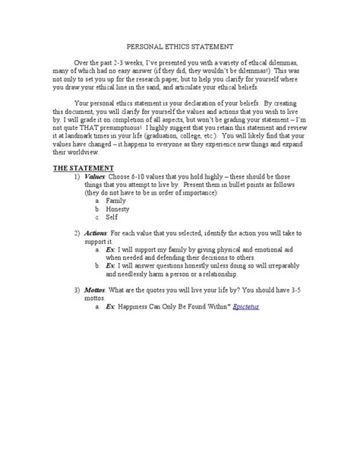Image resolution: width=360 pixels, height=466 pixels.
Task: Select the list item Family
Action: [137, 222]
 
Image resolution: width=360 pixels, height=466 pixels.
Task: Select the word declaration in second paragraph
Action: [205, 101]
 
